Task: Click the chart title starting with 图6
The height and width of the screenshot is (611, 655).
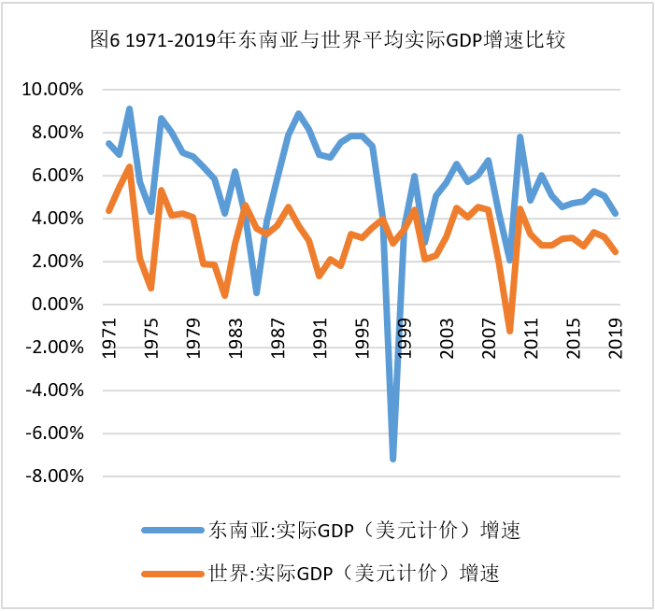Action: tap(326, 40)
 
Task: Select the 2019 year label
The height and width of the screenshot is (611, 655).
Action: tap(616, 335)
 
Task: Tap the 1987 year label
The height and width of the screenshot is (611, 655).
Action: tap(278, 335)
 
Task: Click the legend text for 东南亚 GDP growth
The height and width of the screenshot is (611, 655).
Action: tap(361, 531)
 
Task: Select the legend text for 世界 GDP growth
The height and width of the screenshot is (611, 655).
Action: tap(350, 572)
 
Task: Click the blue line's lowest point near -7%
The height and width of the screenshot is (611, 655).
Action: tap(393, 459)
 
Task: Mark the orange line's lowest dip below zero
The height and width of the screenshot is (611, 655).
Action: tap(509, 331)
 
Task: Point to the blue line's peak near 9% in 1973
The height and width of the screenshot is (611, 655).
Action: tap(130, 109)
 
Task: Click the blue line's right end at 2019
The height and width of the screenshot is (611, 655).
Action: tap(616, 214)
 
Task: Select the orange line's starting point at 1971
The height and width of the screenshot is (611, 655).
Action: tap(108, 210)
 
